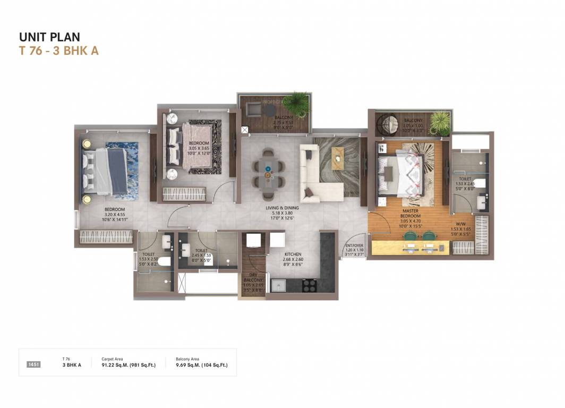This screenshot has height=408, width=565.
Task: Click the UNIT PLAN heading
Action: (49, 37)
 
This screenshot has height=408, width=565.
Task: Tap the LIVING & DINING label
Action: (282, 208)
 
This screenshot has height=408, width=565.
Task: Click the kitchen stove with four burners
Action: (310, 285)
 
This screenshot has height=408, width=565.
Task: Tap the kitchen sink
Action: (279, 285)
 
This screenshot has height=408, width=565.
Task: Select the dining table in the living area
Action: (268, 170)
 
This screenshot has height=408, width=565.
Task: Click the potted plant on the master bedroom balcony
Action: (440, 123)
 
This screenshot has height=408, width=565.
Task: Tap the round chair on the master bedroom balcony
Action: (387, 125)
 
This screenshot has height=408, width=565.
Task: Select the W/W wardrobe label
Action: (460, 224)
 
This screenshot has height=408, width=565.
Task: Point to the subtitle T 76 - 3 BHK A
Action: (59, 51)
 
